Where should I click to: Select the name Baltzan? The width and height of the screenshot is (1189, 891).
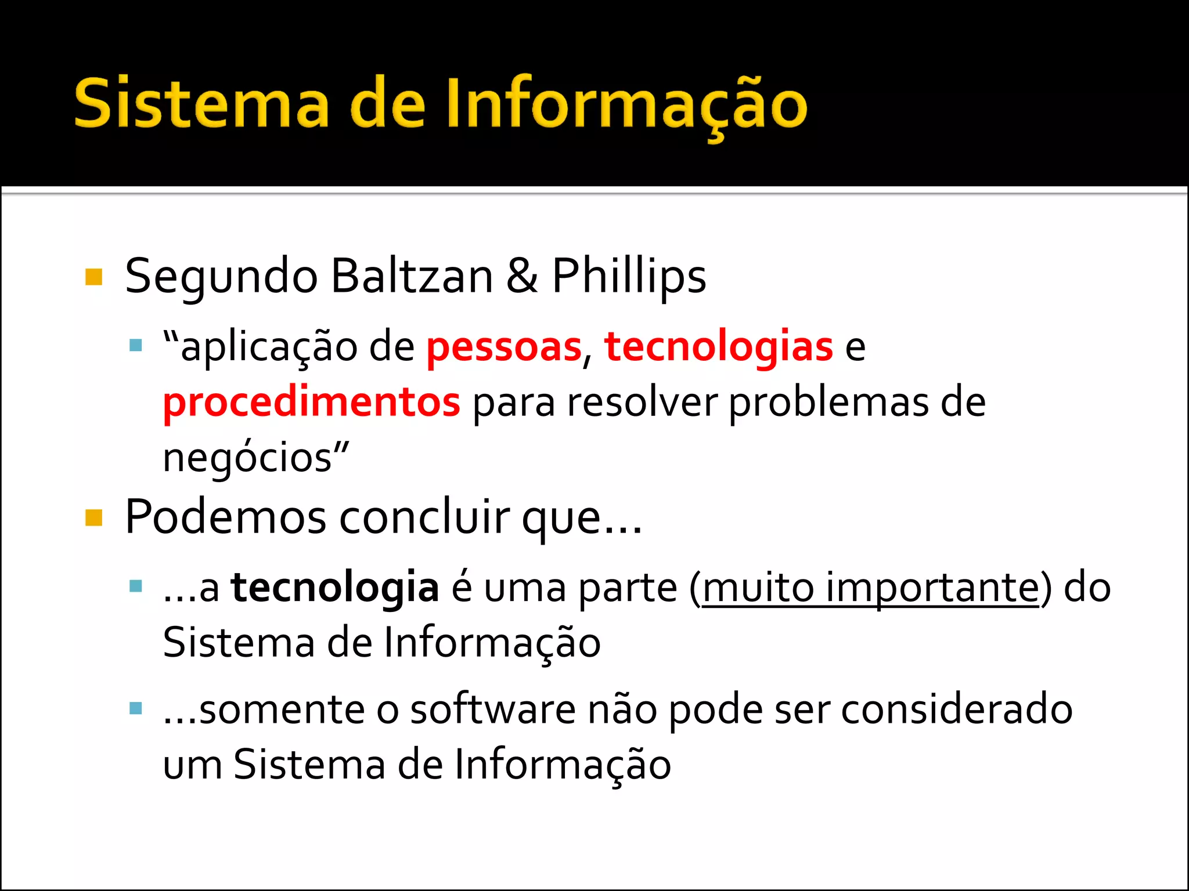pyautogui.click(x=412, y=277)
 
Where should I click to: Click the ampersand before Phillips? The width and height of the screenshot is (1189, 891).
pyautogui.click(x=521, y=276)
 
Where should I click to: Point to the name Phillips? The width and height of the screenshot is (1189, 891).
pyautogui.click(x=629, y=277)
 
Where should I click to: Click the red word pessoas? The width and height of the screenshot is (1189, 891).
pyautogui.click(x=504, y=347)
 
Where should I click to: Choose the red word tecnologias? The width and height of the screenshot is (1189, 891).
pyautogui.click(x=719, y=347)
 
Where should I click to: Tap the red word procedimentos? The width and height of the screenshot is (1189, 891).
pyautogui.click(x=312, y=402)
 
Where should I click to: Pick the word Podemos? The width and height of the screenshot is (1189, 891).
pyautogui.click(x=225, y=517)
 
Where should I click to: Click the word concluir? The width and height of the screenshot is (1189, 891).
pyautogui.click(x=424, y=517)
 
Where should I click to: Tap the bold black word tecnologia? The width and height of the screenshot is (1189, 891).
pyautogui.click(x=335, y=588)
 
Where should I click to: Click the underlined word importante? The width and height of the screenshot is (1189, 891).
pyautogui.click(x=932, y=588)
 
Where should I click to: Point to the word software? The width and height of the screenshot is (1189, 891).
pyautogui.click(x=493, y=709)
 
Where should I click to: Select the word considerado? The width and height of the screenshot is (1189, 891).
pyautogui.click(x=957, y=709)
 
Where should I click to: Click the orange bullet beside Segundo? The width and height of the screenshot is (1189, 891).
pyautogui.click(x=94, y=277)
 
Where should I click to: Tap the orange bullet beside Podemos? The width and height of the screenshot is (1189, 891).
pyautogui.click(x=94, y=517)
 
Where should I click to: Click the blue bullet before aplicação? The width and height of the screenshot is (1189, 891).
pyautogui.click(x=136, y=346)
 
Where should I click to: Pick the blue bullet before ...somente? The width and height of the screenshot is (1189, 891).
pyautogui.click(x=136, y=708)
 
